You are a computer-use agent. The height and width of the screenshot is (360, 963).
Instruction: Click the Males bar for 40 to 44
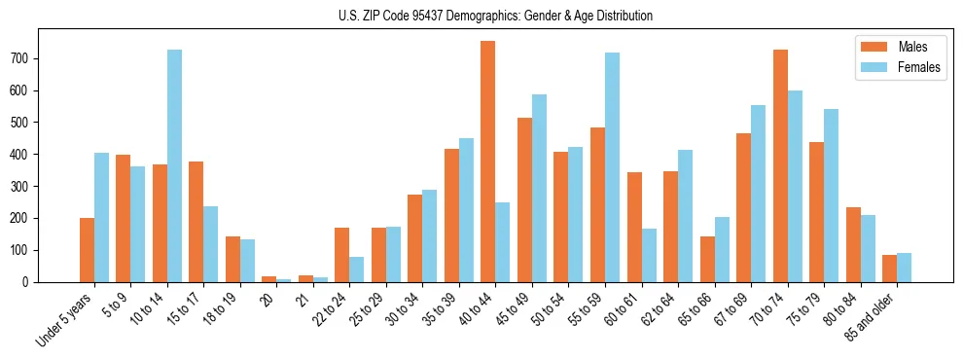pos(488,162)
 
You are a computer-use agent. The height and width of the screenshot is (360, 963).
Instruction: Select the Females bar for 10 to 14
pos(174,165)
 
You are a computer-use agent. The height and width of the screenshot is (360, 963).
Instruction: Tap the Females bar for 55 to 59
pos(612,167)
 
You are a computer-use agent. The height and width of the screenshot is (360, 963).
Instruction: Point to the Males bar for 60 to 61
pos(634,227)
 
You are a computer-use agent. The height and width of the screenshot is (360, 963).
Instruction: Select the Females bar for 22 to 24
pos(357,270)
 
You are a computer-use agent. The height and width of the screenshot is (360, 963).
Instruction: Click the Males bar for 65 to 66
pos(707,259)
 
